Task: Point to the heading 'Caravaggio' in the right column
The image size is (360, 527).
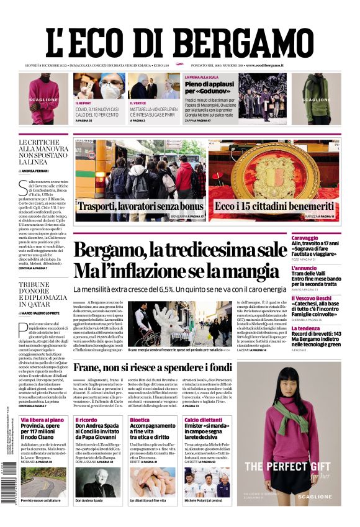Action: pyautogui.click(x=323, y=238)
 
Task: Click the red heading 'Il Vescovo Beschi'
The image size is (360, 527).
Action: pyautogui.click(x=329, y=299)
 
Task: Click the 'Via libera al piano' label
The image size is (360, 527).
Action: pyautogui.click(x=42, y=420)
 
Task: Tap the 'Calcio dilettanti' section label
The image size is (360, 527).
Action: pyautogui.click(x=204, y=420)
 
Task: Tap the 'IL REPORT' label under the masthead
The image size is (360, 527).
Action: pyautogui.click(x=83, y=103)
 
